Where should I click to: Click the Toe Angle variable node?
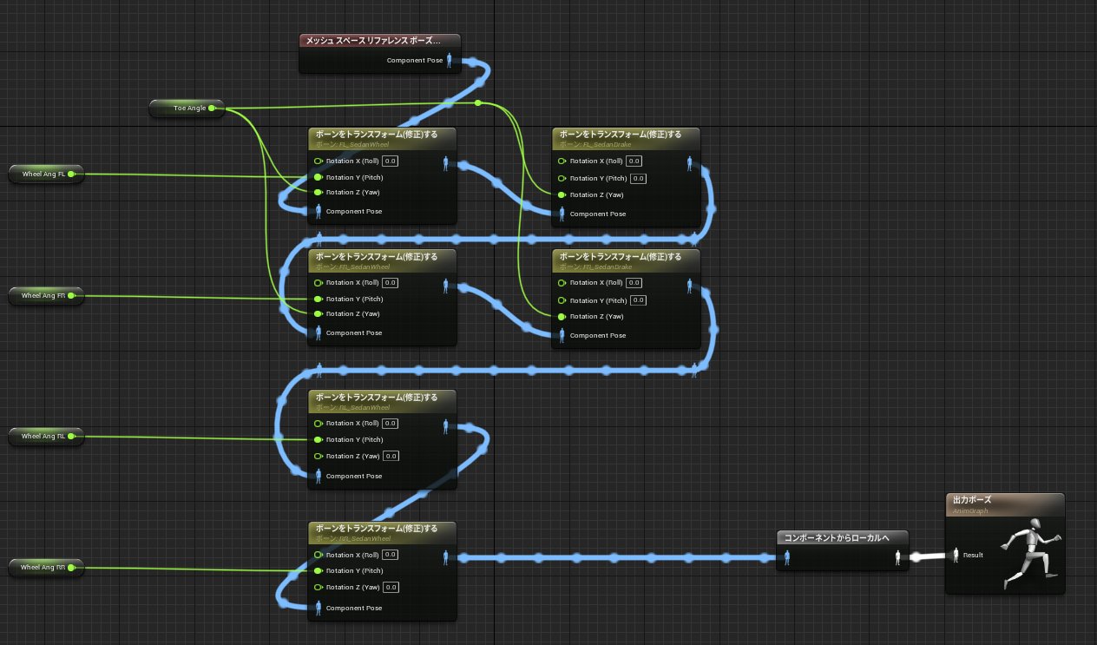186,108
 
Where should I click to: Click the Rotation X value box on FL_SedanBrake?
634,161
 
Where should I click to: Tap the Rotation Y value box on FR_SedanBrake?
638,300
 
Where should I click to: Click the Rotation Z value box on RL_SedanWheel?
391,457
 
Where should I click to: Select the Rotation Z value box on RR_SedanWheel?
391,588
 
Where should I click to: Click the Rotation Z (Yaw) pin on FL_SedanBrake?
562,194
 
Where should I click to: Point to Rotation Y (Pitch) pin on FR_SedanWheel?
319,299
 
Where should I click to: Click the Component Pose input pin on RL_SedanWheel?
319,476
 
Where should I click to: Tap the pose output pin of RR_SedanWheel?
446,556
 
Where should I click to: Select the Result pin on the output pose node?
956,555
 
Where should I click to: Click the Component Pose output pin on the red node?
449,61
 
